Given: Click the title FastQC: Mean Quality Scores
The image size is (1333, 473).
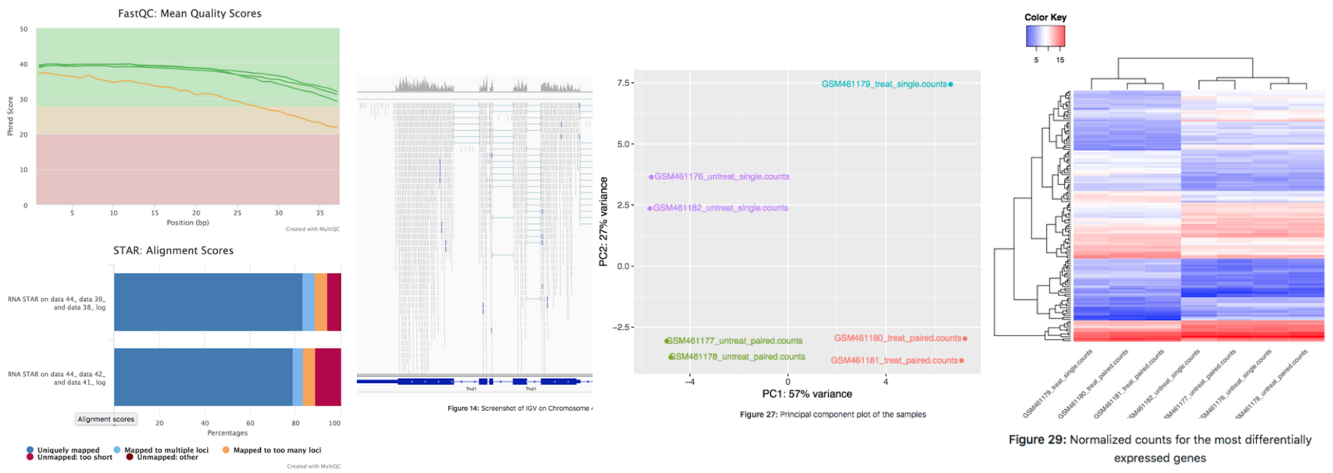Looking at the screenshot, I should click(x=189, y=14).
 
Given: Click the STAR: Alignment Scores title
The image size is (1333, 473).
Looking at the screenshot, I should click(x=173, y=251).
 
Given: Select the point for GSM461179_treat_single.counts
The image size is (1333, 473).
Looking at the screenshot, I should click(x=950, y=84).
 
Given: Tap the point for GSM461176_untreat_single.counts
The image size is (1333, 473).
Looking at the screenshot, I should click(x=651, y=177).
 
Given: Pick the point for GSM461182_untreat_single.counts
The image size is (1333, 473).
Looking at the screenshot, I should click(x=650, y=208).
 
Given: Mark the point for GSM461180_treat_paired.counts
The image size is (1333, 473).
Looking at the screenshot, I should click(x=965, y=338).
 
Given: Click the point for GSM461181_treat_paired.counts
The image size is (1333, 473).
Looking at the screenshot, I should click(x=962, y=360).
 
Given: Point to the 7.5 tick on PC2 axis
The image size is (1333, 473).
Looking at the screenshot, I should click(x=622, y=83).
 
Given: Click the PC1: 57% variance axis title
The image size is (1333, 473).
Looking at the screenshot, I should click(x=806, y=394).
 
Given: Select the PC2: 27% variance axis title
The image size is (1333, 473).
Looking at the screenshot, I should click(x=603, y=221).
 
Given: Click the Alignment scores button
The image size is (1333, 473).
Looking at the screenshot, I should click(x=106, y=419).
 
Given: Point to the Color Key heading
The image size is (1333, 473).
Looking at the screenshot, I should click(x=1045, y=17).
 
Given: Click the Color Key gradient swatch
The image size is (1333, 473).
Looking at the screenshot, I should click(x=1045, y=37).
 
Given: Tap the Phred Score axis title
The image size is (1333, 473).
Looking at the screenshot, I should click(x=11, y=116).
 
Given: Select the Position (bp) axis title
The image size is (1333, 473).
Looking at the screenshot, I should click(x=188, y=223).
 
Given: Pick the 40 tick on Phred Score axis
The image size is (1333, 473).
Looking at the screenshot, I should click(x=24, y=65).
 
